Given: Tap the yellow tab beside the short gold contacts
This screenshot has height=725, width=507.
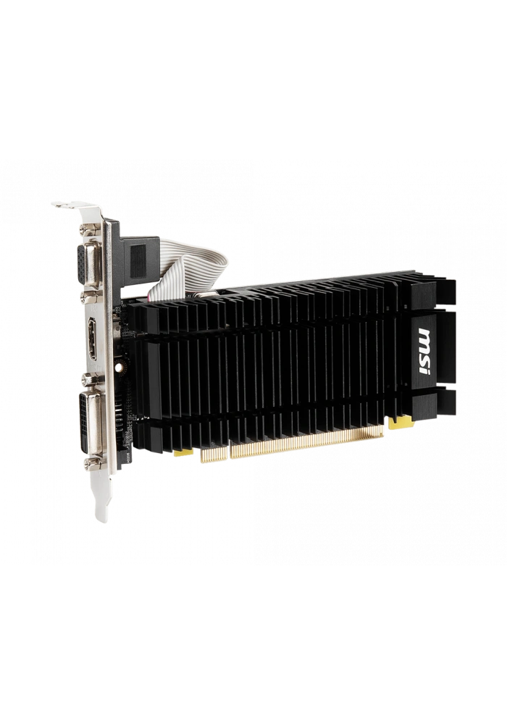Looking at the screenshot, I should tap(183, 452).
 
